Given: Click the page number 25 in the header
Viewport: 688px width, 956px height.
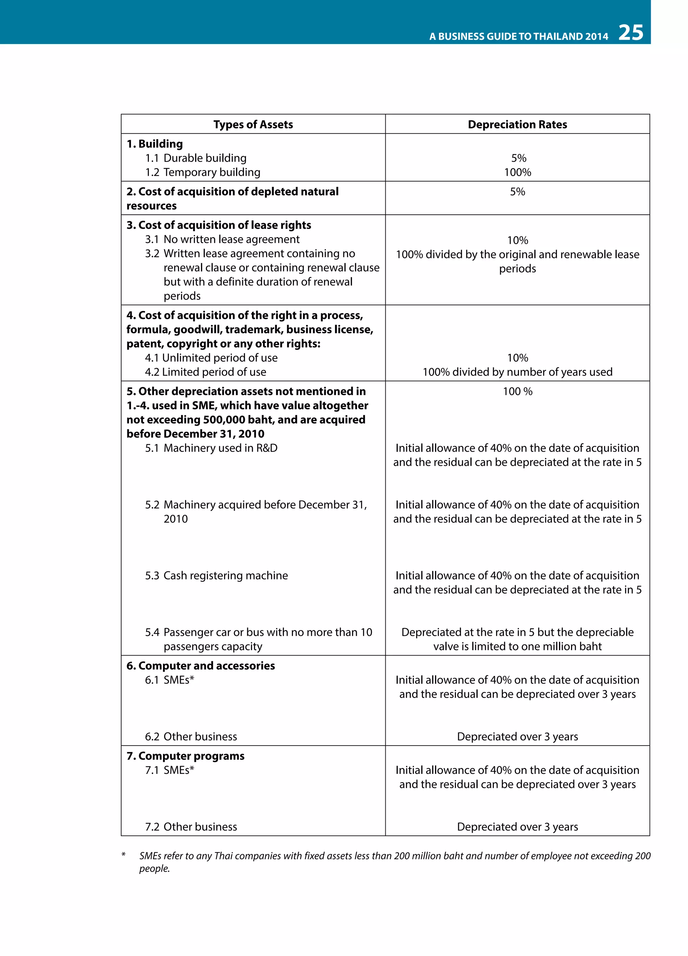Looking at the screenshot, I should coord(630,33).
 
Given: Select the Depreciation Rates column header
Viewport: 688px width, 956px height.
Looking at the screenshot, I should coord(517,124).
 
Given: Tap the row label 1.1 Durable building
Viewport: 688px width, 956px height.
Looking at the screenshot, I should coord(196,158).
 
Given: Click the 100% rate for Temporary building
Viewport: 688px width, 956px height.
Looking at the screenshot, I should coord(517,172).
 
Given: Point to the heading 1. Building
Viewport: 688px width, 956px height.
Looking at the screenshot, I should coord(155,144).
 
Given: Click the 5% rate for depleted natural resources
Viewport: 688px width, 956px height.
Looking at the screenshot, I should coord(517,192).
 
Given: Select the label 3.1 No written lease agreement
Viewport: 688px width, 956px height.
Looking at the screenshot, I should coord(222,240).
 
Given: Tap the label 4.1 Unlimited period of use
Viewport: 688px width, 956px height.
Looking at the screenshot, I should coord(211,358).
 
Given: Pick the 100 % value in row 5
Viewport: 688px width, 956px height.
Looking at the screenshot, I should coord(517,391).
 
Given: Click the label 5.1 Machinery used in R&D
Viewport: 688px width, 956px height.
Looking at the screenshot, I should coord(211,448).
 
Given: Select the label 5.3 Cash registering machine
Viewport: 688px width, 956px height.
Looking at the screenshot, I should coord(217,576).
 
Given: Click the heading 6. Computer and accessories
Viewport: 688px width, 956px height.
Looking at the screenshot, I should coord(201,666).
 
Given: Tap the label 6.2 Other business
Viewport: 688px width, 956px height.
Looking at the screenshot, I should coord(191,737).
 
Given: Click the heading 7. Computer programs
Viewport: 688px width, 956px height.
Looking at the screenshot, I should coord(185,756).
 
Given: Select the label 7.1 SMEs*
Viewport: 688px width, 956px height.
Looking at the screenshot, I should coord(169,771).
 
